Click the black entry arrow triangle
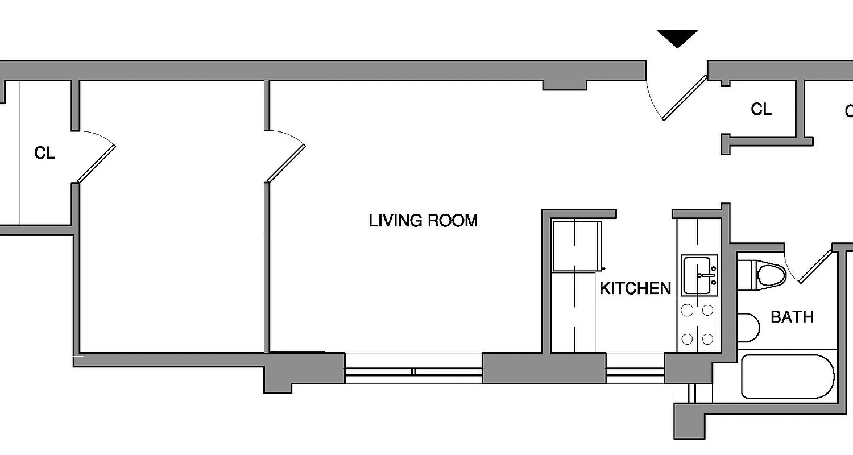(x=677, y=38)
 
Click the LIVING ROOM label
(x=423, y=221)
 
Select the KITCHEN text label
(x=635, y=288)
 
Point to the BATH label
(x=792, y=317)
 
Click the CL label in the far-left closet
(x=45, y=153)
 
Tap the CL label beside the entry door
(x=761, y=109)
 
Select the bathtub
(x=788, y=377)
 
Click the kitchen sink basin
(x=699, y=275)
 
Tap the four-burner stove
(x=698, y=325)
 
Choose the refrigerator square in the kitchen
(x=577, y=246)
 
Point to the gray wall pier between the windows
(x=544, y=368)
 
